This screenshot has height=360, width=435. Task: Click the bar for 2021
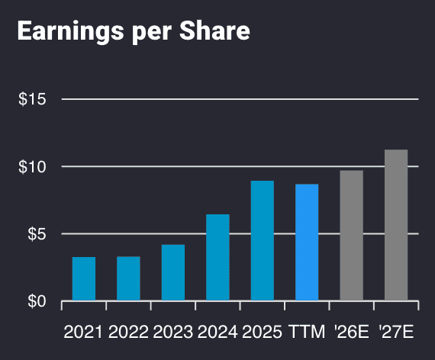pos(84,279)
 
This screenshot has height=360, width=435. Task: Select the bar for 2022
pos(128,279)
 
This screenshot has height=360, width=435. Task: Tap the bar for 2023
pos(173,273)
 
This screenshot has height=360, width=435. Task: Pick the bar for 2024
pos(217,258)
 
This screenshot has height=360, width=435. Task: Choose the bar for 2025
pos(263,241)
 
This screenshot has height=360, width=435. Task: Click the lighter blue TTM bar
pos(307,243)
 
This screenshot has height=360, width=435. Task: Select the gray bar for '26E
pos(351,236)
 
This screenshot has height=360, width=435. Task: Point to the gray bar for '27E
pos(396,225)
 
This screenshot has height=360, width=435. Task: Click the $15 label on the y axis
pos(32,99)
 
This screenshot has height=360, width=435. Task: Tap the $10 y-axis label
pos(32,166)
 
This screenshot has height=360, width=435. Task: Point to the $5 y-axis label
pos(36,234)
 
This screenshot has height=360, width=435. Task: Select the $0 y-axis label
pos(36,301)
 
